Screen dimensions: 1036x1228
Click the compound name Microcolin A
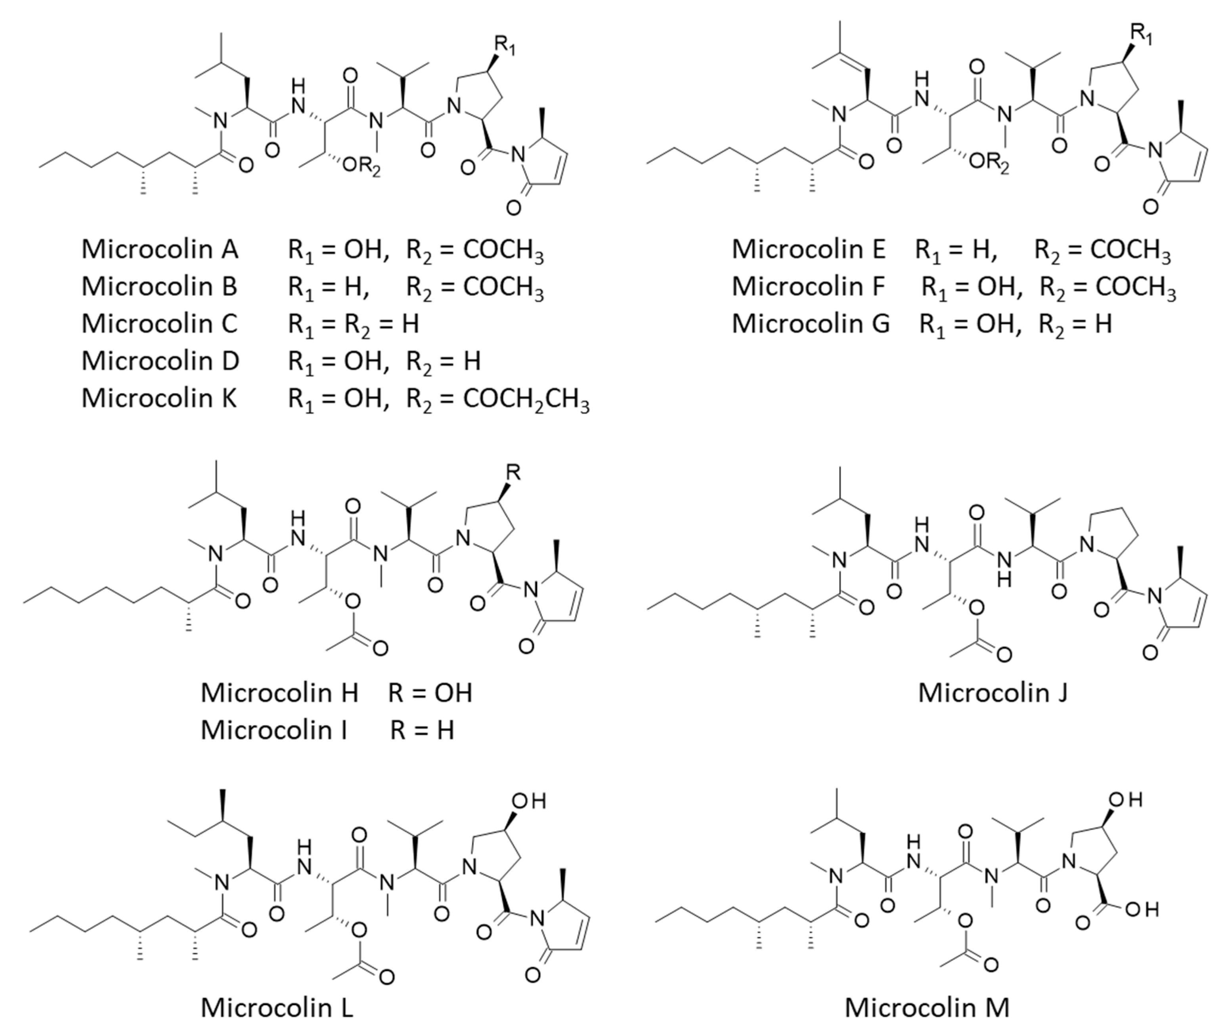pyautogui.click(x=160, y=249)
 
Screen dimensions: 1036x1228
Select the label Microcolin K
pyautogui.click(x=159, y=398)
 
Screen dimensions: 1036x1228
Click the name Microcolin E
pyautogui.click(x=808, y=249)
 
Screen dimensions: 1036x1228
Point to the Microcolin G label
pyautogui.click(x=811, y=324)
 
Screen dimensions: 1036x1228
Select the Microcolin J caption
pyautogui.click(x=993, y=693)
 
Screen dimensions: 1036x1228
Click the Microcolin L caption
pyautogui.click(x=277, y=1008)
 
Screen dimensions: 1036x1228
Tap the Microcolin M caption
pyautogui.click(x=927, y=1008)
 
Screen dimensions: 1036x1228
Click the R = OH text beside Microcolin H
pyautogui.click(x=430, y=693)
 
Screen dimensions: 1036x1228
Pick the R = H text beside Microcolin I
pyautogui.click(x=422, y=730)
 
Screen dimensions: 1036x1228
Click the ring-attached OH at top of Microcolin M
pyautogui.click(x=1124, y=799)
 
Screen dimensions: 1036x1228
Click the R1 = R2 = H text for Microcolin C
pyautogui.click(x=353, y=324)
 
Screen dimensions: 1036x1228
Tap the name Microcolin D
pyautogui.click(x=160, y=361)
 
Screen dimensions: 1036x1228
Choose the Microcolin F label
pyautogui.click(x=808, y=287)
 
